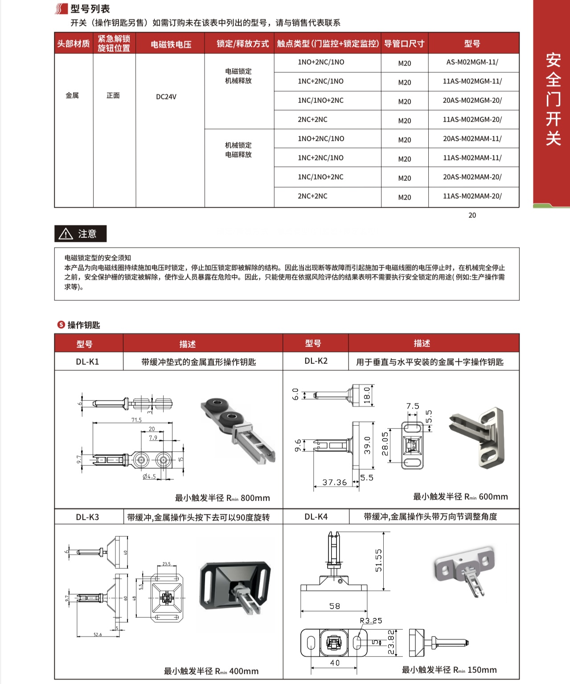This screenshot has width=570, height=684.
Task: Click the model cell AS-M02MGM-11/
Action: (x=472, y=62)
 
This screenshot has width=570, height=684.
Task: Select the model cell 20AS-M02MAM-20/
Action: (x=472, y=177)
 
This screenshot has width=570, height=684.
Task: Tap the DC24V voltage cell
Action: (x=166, y=97)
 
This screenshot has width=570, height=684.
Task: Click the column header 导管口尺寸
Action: (x=404, y=44)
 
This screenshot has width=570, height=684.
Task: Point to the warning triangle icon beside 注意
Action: (x=66, y=234)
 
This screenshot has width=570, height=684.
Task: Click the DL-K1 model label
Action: (x=87, y=362)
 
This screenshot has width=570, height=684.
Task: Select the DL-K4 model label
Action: (x=316, y=517)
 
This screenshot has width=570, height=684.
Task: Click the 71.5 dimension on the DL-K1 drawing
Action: (x=136, y=420)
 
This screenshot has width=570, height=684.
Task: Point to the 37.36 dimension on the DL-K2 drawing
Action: (x=335, y=482)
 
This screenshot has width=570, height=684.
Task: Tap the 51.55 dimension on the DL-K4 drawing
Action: (x=378, y=560)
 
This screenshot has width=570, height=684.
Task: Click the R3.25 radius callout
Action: (x=371, y=621)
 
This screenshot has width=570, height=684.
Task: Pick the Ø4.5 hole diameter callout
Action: (x=149, y=476)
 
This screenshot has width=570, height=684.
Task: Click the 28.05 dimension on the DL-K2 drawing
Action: (x=385, y=444)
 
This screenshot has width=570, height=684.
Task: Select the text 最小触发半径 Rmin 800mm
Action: (x=222, y=498)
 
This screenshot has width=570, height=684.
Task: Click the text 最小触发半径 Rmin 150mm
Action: (x=449, y=670)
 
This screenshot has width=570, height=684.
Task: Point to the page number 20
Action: (x=472, y=216)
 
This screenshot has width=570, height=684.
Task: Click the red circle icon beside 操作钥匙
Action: (x=61, y=325)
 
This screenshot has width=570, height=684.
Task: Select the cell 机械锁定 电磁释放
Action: (x=238, y=150)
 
